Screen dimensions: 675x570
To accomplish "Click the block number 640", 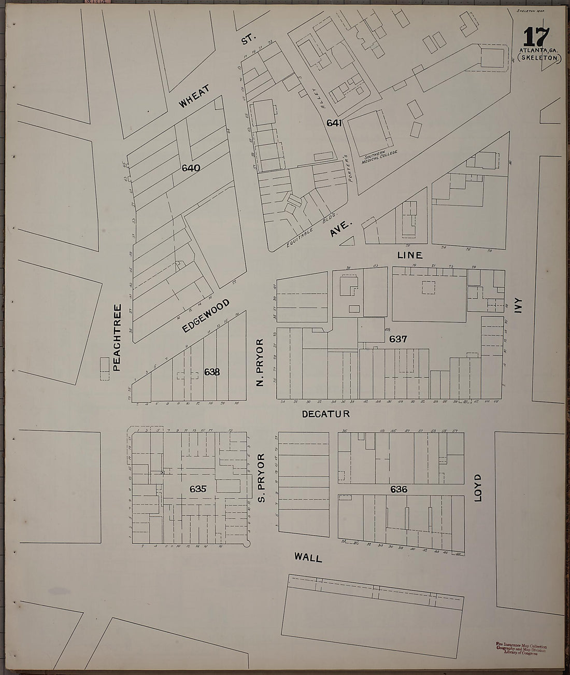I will (x=191, y=168).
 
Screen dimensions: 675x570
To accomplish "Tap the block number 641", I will (x=334, y=123).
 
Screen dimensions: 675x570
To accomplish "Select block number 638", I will (x=212, y=372).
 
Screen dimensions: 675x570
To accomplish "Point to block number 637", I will (x=398, y=339).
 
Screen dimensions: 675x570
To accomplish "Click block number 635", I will (x=198, y=488).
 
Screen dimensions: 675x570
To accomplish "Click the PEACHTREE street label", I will (x=117, y=337).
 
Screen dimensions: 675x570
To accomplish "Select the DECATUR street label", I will (x=326, y=414).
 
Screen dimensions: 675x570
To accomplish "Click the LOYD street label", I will (x=478, y=487).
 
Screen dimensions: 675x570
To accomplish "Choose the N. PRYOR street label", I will (x=260, y=362).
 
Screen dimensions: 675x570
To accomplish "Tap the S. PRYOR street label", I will (x=261, y=477).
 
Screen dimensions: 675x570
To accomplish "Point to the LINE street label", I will (x=409, y=255).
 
